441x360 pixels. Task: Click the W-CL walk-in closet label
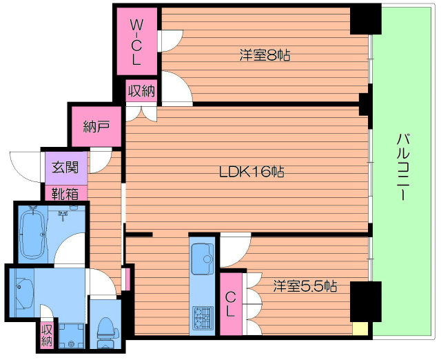point(136,42)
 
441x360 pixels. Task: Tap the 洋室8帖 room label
point(265,54)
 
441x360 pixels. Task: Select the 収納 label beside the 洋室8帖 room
point(141,90)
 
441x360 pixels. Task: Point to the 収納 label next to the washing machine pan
point(47,335)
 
